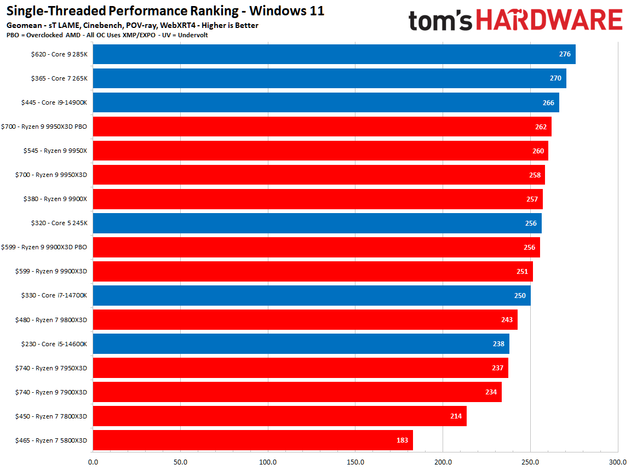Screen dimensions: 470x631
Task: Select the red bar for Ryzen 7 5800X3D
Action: coord(253,440)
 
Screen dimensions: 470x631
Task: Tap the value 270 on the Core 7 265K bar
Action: coord(555,78)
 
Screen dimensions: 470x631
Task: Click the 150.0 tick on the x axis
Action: coord(355,462)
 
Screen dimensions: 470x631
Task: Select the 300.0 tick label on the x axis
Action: coord(617,462)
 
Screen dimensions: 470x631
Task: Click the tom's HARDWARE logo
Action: coord(515,20)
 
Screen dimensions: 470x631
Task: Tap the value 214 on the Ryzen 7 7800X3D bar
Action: coord(455,416)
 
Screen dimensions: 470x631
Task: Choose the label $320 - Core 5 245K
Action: coord(59,223)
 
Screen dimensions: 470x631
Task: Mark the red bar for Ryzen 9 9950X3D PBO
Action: coord(322,127)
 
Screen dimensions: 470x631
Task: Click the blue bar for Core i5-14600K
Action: coord(301,343)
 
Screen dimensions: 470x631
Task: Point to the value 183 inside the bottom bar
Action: coord(401,440)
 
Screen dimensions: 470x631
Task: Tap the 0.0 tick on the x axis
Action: coord(93,462)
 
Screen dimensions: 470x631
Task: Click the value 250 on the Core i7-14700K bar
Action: coord(519,295)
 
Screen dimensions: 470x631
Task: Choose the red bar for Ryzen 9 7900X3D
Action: coord(297,392)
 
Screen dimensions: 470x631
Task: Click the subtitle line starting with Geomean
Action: coord(132,25)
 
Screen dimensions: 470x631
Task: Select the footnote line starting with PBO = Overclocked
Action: coord(107,35)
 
